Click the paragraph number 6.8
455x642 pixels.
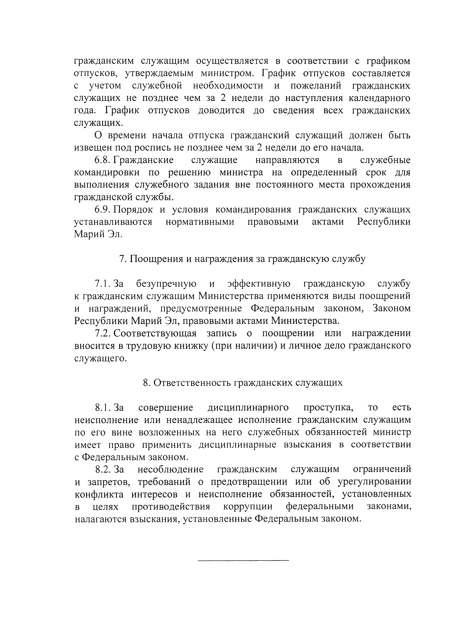point(103,160)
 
